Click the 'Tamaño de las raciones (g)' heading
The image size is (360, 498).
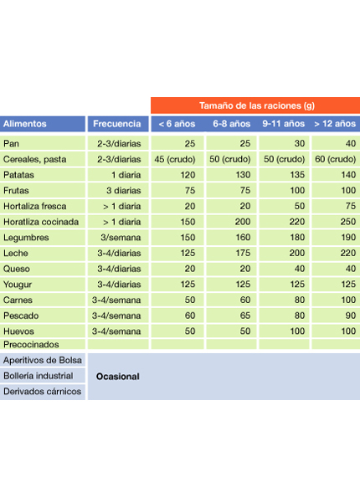point(257,105)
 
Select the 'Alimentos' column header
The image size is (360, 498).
point(25,124)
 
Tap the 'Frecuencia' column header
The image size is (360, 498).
point(117,124)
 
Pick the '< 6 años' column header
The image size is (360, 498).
point(177,124)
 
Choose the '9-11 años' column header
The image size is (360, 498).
point(284,124)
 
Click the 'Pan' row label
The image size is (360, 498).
point(11,144)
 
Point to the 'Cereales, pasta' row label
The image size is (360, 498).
point(34,159)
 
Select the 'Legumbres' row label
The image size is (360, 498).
point(26,238)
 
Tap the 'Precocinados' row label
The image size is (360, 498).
point(31,344)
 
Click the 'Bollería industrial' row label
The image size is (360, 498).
point(39,376)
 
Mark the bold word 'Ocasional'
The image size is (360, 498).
point(117,377)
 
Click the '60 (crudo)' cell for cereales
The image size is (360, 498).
point(335,159)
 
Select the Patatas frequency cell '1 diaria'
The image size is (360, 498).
point(126,175)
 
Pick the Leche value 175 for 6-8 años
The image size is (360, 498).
point(243,253)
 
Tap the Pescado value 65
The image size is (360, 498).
point(245,316)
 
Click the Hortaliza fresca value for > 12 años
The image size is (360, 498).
point(351,206)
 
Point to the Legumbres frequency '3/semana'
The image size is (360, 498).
point(121,238)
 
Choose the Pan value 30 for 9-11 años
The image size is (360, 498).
point(300,144)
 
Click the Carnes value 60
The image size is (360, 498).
point(245,300)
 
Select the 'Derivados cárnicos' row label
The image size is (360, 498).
point(42,392)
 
